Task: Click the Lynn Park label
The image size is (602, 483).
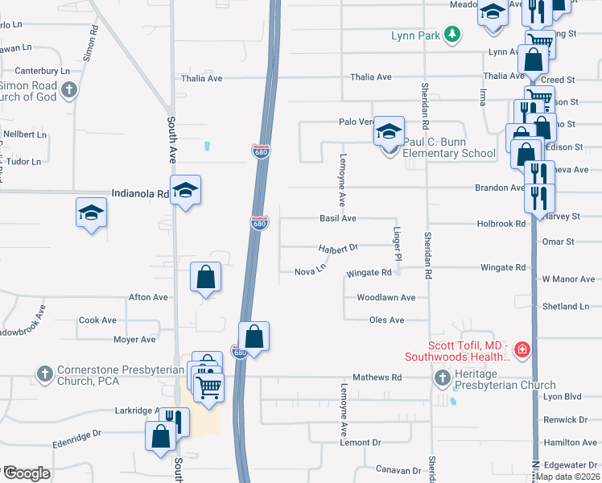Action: click(x=417, y=35)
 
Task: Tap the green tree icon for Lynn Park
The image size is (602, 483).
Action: click(x=454, y=34)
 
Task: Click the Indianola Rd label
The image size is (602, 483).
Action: click(x=140, y=194)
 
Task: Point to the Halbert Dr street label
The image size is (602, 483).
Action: click(x=337, y=249)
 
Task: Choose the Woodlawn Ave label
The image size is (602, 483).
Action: click(x=386, y=298)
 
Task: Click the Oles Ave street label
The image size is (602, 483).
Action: click(x=386, y=320)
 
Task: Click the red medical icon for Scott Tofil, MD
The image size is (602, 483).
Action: click(x=522, y=349)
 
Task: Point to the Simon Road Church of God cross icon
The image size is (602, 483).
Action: click(x=69, y=89)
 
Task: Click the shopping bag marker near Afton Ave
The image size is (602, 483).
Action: click(x=206, y=277)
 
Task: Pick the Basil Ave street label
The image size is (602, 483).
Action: click(x=338, y=218)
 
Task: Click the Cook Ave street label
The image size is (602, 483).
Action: click(x=97, y=320)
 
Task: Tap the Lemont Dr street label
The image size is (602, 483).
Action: click(x=360, y=443)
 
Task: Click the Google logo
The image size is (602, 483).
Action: click(x=27, y=474)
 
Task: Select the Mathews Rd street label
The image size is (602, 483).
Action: click(x=377, y=378)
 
